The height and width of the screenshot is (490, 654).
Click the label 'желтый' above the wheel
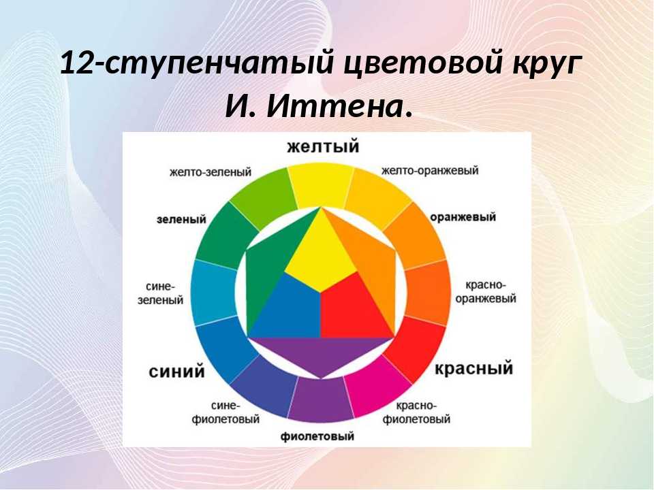323,147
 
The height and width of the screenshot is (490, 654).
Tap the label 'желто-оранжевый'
430,171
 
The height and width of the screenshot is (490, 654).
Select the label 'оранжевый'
463,217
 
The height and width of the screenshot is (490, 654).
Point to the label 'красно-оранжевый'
486,292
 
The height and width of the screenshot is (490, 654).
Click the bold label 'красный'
474,369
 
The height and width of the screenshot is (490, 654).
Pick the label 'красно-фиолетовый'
416,412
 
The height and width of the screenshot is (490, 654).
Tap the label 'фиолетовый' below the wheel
317,436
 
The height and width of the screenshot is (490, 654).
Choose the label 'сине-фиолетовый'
225,412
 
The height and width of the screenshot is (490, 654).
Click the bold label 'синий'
177,371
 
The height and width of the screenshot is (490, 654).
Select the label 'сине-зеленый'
161,293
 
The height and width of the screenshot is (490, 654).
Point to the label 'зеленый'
181,219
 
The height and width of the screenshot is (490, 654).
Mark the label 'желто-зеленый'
211,171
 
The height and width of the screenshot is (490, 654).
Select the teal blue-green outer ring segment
213,293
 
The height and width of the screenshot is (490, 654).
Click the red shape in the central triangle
352,308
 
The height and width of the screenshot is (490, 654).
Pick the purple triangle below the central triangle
320,352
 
